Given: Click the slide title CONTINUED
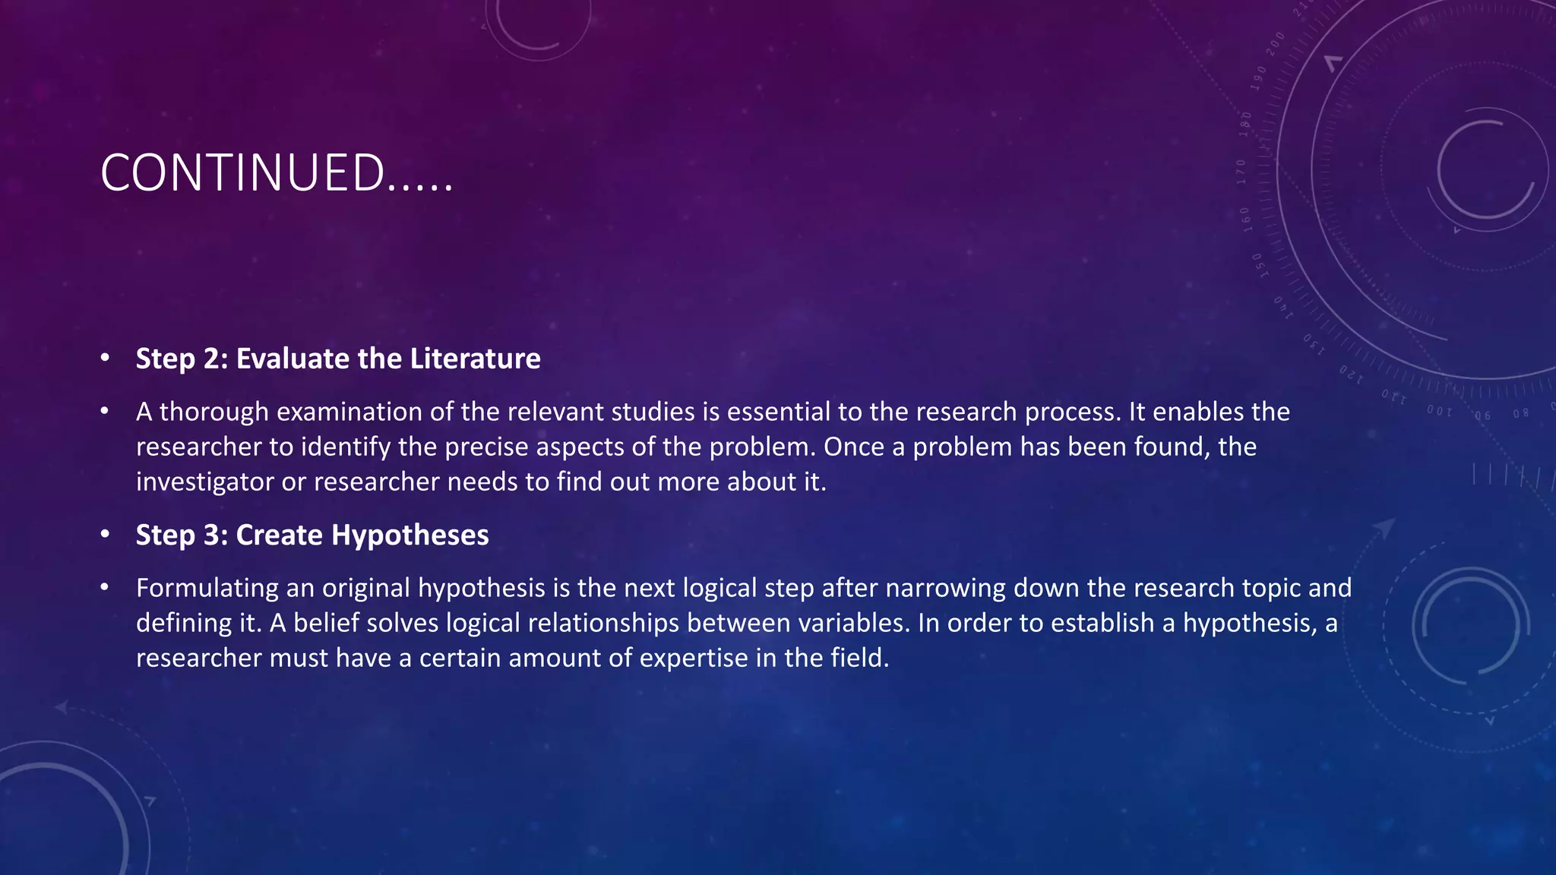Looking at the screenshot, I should (277, 173).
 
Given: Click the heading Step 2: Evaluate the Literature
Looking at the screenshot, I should (338, 359).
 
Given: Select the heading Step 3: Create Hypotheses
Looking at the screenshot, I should (312, 535).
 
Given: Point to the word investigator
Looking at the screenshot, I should (205, 482).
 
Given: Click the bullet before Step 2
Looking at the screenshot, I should (106, 358).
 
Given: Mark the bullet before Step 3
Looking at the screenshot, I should (106, 534).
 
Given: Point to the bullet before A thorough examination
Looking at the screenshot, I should (106, 412).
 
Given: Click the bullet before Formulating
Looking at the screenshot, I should (106, 588).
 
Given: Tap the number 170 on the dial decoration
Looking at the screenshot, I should (1241, 172).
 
